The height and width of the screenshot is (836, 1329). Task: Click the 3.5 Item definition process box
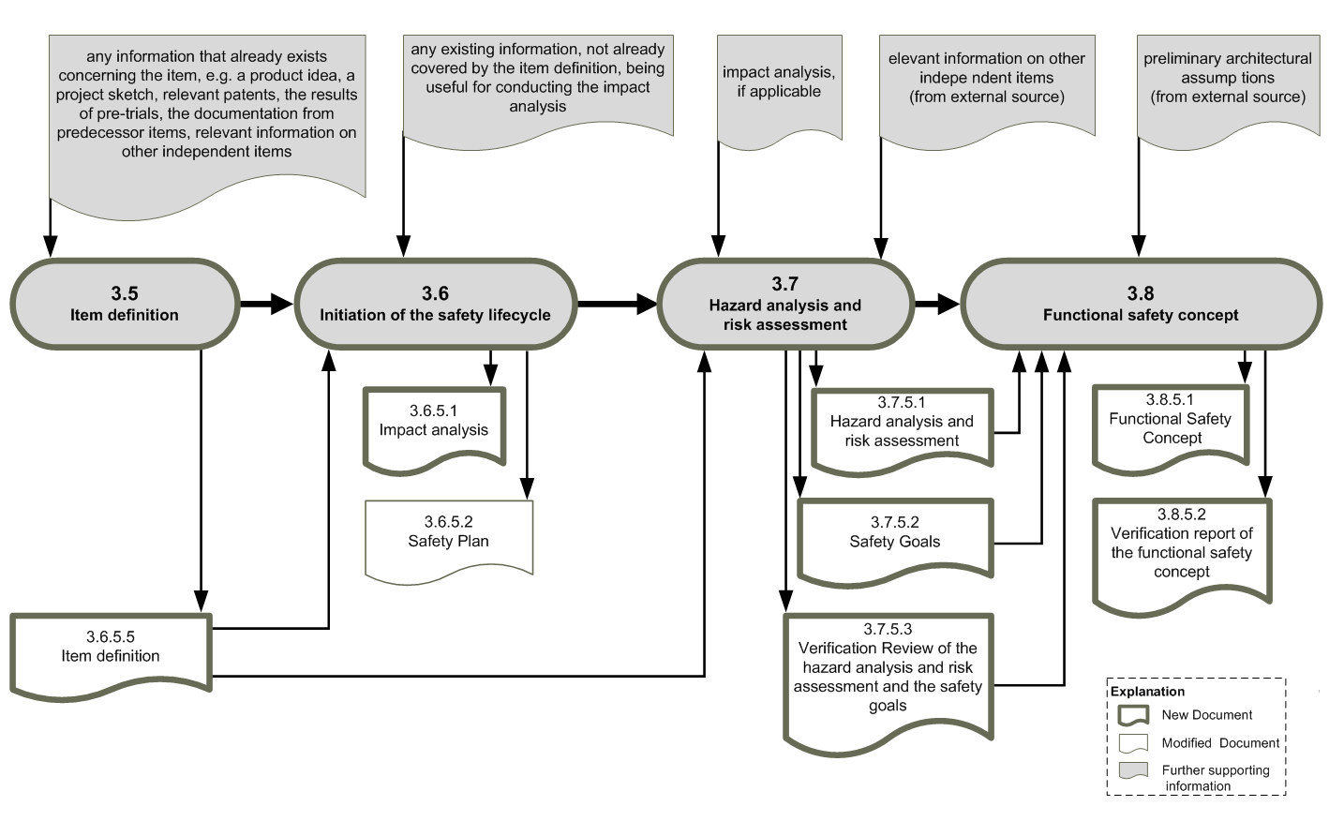[x=125, y=304]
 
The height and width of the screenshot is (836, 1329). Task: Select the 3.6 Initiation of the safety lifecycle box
[x=436, y=304]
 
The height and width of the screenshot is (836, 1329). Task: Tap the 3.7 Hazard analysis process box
[x=785, y=304]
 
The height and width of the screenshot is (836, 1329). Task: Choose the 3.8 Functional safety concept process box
[x=1141, y=304]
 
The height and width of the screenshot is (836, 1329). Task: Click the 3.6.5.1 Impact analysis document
[x=434, y=429]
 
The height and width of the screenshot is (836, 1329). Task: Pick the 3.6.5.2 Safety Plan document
[x=449, y=540]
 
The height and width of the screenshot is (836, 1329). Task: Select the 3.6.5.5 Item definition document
[x=111, y=656]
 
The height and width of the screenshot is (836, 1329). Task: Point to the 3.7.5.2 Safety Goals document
[x=895, y=541]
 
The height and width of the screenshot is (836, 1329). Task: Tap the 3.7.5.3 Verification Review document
[x=888, y=682]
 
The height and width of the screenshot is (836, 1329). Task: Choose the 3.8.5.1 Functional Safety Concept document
[x=1171, y=428]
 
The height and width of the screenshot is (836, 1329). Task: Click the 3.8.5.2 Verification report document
[x=1182, y=555]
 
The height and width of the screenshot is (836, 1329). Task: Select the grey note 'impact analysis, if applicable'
[x=779, y=89]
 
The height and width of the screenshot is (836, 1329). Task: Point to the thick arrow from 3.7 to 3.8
[x=937, y=304]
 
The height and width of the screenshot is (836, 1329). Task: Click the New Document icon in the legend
[x=1133, y=715]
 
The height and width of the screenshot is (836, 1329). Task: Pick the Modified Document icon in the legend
[x=1133, y=743]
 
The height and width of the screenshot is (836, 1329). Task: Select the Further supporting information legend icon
[x=1133, y=770]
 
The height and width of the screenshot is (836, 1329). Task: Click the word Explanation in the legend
[x=1147, y=692]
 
